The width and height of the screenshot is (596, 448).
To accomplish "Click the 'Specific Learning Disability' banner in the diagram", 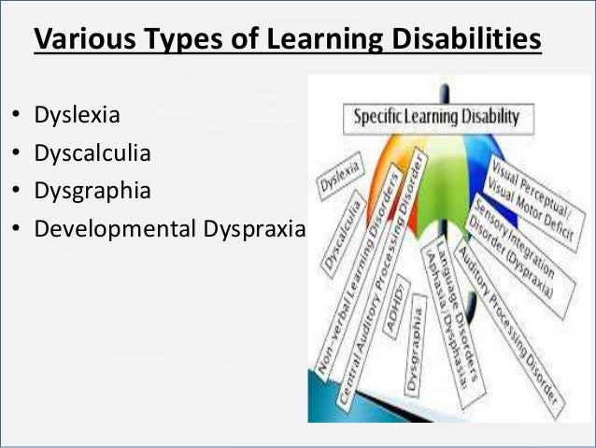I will [435, 119].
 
